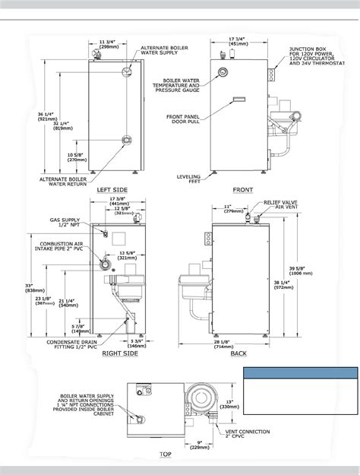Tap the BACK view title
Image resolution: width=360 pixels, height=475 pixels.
coord(240,354)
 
